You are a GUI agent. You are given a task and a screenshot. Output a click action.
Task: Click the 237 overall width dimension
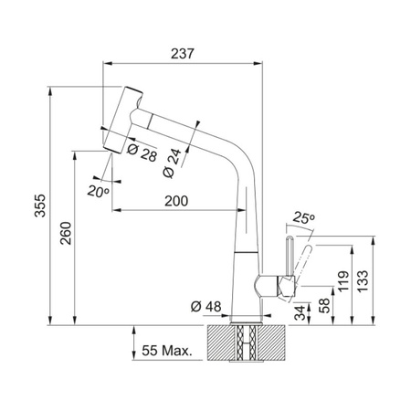point(183,54)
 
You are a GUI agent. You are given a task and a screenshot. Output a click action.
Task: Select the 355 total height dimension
point(40,205)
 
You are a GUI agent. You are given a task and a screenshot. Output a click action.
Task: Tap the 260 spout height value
point(66,233)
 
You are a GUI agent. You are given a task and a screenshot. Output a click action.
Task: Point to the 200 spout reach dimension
point(176,201)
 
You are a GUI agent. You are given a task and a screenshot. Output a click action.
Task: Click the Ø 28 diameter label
point(142,153)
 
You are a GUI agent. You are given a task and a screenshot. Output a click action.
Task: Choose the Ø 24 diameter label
point(173,163)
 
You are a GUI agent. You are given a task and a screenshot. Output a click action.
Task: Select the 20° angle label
point(98,192)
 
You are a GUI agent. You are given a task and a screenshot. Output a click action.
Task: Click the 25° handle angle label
point(303,218)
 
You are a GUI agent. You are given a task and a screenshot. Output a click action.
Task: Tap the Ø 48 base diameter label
point(206,306)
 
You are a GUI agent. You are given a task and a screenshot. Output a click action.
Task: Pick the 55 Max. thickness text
point(167,351)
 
